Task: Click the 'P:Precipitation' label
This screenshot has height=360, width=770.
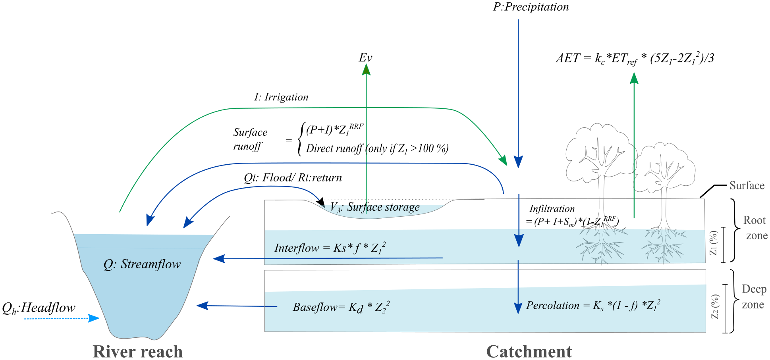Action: coord(531,7)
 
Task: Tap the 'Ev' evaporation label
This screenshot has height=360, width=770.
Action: coord(365,58)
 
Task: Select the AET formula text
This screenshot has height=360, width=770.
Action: coord(635,59)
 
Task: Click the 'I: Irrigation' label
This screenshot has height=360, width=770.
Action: coord(281,97)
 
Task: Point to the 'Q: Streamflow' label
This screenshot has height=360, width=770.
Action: coord(142,264)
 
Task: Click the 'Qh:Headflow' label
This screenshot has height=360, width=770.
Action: coord(39,308)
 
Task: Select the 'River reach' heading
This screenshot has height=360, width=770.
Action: coord(138,351)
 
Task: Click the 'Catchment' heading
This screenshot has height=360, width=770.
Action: coord(529,351)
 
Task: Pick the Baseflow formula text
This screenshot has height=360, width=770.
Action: coord(341,307)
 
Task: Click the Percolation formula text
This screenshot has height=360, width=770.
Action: coord(593,305)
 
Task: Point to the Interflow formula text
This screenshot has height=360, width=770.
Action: coord(330,248)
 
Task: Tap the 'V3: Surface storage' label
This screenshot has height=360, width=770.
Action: coord(375,207)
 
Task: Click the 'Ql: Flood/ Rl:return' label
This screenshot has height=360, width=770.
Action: coord(293,178)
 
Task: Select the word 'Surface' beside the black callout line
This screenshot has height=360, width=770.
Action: coord(747,186)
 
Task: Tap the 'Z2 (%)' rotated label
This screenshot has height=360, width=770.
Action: coord(715,306)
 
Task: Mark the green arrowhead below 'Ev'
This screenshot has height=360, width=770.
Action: coord(366,69)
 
